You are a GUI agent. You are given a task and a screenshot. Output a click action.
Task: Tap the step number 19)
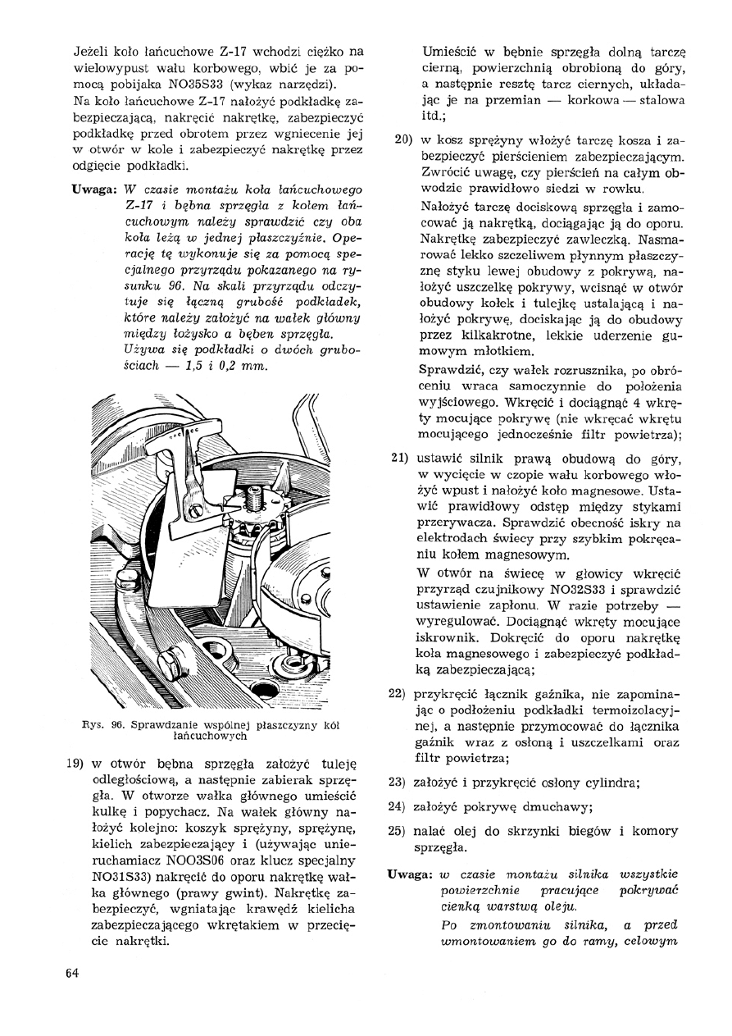pos(76,760)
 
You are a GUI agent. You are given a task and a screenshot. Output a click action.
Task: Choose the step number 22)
pos(402,692)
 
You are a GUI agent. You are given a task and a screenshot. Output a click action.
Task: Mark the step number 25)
pos(402,830)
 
